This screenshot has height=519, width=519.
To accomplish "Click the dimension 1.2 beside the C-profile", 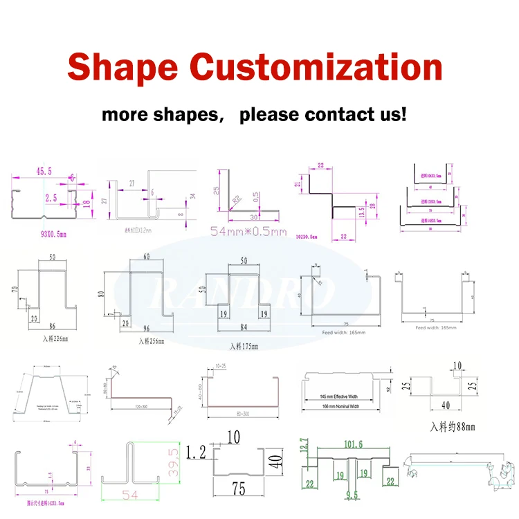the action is point(195,453).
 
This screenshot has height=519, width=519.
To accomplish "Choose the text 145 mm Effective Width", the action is point(339,396).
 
